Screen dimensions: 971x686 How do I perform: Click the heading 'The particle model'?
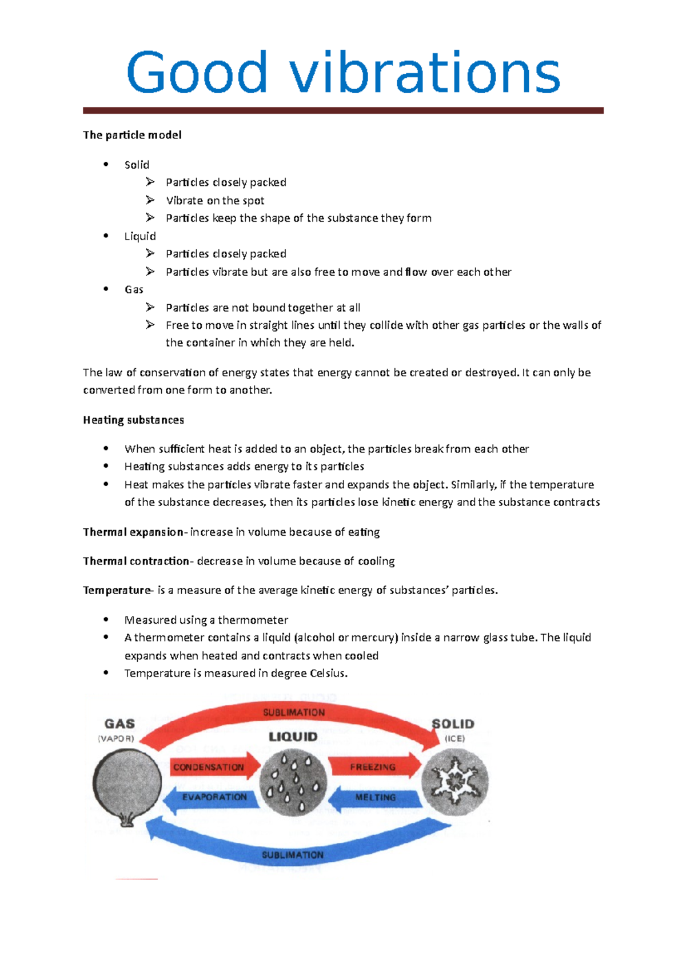[132, 135]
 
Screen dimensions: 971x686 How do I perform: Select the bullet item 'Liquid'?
[140, 236]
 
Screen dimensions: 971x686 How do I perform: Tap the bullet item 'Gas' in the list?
[134, 289]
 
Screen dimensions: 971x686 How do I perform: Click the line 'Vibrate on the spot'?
[215, 200]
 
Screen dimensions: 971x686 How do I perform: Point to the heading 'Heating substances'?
[133, 420]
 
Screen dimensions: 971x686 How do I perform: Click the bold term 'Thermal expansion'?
[133, 532]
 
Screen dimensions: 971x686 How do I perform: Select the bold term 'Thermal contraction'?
[135, 561]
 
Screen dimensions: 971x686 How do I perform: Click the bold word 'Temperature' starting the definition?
[117, 590]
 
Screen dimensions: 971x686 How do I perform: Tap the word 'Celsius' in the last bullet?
[328, 673]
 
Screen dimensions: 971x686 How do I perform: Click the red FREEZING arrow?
[373, 767]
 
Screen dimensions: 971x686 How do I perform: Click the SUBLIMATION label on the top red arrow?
[294, 713]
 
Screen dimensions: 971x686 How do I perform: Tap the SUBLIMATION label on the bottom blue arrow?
[293, 855]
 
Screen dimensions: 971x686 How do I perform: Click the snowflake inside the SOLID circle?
[454, 781]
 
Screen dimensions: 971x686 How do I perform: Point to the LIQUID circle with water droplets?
[293, 782]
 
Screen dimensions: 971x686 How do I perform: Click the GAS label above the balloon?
[119, 724]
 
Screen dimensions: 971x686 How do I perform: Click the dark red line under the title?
[343, 110]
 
